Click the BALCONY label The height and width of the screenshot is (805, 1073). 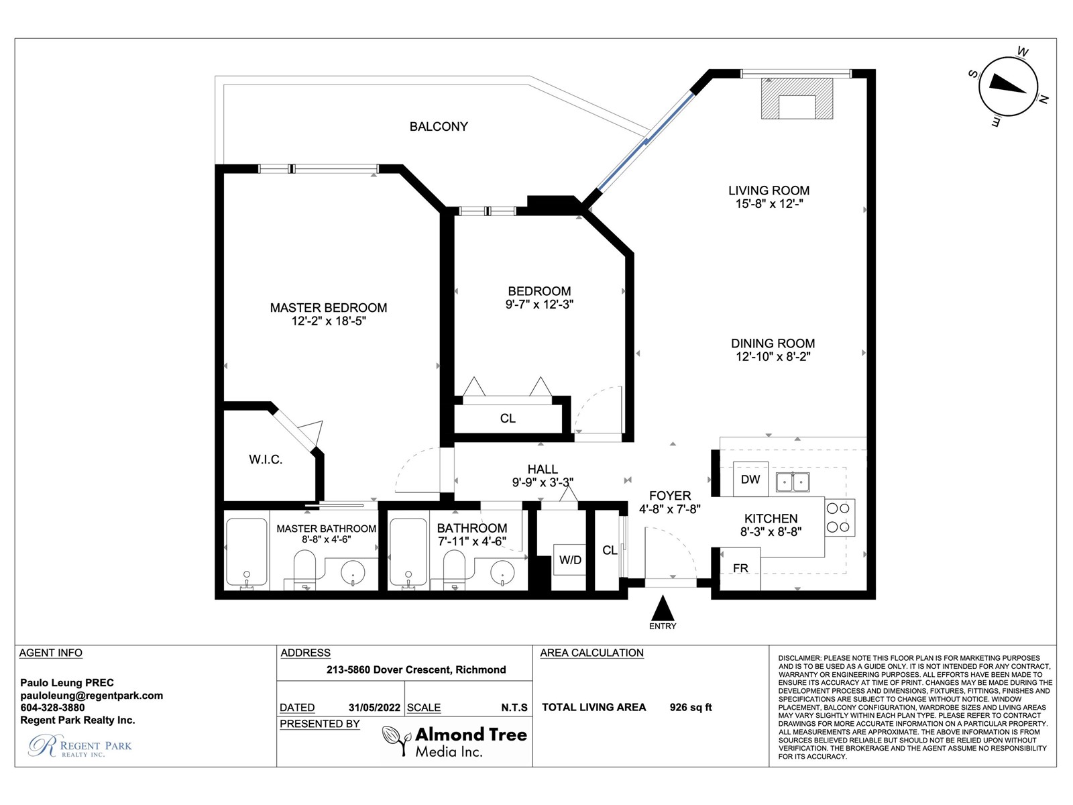click(439, 127)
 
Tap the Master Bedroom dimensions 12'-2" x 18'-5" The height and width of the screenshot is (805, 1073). click(329, 321)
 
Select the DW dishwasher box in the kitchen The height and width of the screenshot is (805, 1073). click(750, 479)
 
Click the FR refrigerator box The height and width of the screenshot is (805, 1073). click(740, 568)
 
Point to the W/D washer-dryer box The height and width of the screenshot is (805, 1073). click(570, 560)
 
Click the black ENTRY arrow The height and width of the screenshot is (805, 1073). click(663, 608)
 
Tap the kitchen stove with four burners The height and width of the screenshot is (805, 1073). click(840, 518)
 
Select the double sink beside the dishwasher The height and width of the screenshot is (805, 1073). click(793, 482)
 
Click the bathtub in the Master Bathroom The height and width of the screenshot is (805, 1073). click(247, 552)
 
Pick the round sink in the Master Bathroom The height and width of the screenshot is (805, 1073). click(353, 573)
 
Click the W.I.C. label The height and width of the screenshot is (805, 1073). click(266, 460)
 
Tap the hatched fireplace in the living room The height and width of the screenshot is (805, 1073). click(797, 98)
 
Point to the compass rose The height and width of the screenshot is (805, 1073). click(1008, 87)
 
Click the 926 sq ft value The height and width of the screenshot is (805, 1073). click(691, 707)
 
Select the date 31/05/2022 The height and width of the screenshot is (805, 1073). click(374, 708)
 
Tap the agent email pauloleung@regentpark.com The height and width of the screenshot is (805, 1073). click(91, 696)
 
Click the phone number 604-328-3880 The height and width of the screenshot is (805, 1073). click(52, 708)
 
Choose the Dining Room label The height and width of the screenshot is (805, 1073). click(773, 343)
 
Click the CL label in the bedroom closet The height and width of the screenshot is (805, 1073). click(508, 419)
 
